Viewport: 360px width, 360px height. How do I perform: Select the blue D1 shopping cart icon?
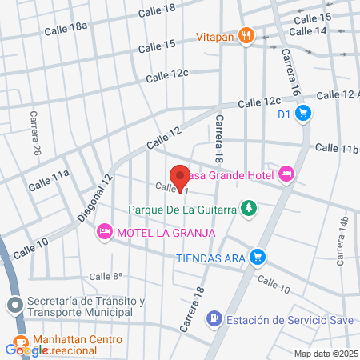tap(302, 114)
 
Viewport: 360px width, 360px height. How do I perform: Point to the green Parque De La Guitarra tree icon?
tap(250, 210)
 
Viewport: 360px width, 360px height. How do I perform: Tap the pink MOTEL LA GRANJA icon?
tap(104, 232)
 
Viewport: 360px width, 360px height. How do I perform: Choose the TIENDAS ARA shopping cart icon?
tap(257, 257)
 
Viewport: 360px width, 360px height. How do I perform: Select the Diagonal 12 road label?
tap(95, 200)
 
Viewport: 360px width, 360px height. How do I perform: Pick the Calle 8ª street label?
tap(106, 276)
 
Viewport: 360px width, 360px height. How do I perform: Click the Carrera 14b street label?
tap(343, 241)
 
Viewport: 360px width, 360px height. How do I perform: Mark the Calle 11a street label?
tap(50, 179)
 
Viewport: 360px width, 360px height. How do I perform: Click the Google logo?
tap(26, 350)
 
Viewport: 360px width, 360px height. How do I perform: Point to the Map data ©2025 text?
tap(325, 354)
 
